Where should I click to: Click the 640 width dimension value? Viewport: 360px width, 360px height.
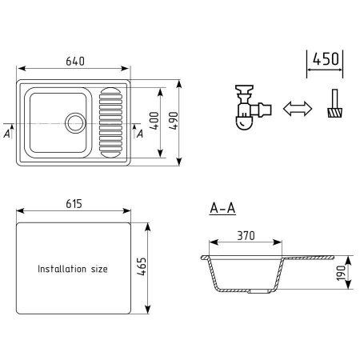(75, 62)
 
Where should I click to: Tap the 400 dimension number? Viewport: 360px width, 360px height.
(154, 121)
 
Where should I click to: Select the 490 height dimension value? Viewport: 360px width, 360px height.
(174, 121)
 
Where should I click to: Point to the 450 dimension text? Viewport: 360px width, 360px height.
(326, 59)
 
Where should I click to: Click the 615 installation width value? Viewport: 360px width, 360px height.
(74, 204)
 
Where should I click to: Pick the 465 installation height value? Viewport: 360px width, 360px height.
(142, 266)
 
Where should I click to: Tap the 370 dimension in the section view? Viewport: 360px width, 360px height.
(246, 236)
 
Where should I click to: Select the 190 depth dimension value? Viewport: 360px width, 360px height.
(341, 273)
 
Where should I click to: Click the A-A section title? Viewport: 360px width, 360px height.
(222, 208)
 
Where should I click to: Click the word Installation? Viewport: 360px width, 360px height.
(62, 269)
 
